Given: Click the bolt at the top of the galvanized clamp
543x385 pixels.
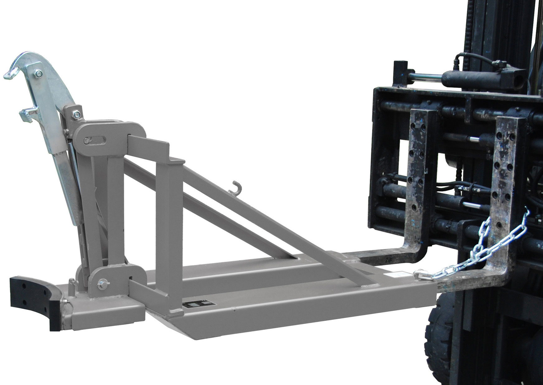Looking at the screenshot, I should click(x=39, y=74).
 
